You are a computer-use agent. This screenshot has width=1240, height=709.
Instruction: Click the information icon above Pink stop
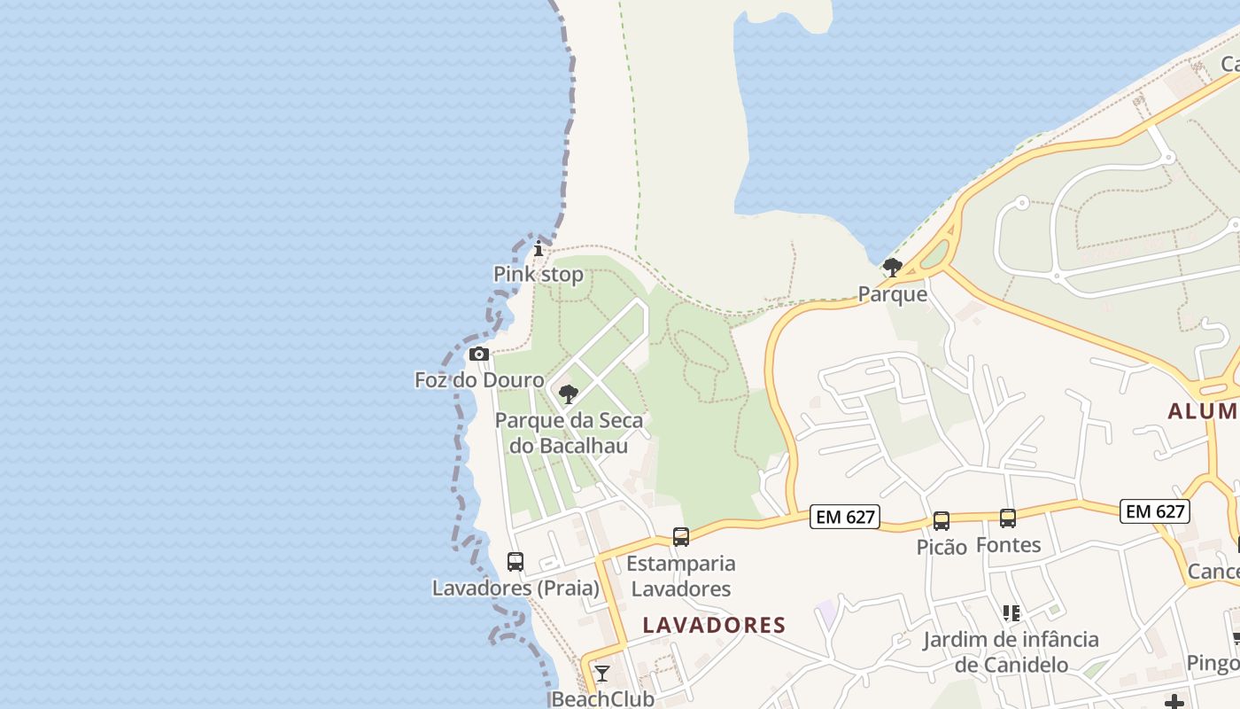pyautogui.click(x=538, y=248)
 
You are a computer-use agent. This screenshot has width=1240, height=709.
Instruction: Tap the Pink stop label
pyautogui.click(x=539, y=275)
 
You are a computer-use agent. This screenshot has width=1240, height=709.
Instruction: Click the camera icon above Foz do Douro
pyautogui.click(x=479, y=354)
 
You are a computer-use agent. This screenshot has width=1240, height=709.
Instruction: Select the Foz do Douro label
pyautogui.click(x=479, y=380)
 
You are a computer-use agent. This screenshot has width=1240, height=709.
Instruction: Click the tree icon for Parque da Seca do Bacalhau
pyautogui.click(x=569, y=393)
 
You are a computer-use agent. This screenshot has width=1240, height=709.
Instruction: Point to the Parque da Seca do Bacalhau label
pyautogui.click(x=569, y=432)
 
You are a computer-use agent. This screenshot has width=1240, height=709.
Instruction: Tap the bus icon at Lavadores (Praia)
pyautogui.click(x=515, y=561)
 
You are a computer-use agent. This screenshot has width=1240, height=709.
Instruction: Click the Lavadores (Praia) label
pyautogui.click(x=515, y=588)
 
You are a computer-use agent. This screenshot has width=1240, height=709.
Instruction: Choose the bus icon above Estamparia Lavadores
pyautogui.click(x=680, y=536)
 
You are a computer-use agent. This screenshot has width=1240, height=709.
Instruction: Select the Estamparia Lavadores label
pyautogui.click(x=680, y=576)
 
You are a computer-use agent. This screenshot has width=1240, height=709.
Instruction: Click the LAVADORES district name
pyautogui.click(x=714, y=625)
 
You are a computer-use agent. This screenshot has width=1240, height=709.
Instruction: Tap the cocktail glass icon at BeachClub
pyautogui.click(x=602, y=674)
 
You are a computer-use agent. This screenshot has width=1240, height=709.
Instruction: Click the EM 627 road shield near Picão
pyautogui.click(x=845, y=517)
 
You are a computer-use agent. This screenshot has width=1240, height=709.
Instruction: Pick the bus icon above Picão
pyautogui.click(x=942, y=521)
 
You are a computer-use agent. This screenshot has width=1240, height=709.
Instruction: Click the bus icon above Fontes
pyautogui.click(x=1008, y=518)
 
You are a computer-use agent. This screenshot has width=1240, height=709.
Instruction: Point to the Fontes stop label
pyautogui.click(x=1008, y=544)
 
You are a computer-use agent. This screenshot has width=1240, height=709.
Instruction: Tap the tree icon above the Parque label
pyautogui.click(x=893, y=267)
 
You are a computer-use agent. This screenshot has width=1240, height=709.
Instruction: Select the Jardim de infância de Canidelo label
pyautogui.click(x=1011, y=651)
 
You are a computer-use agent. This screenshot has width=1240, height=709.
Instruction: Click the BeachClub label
pyautogui.click(x=602, y=699)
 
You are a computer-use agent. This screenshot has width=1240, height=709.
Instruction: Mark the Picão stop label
pyautogui.click(x=942, y=547)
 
